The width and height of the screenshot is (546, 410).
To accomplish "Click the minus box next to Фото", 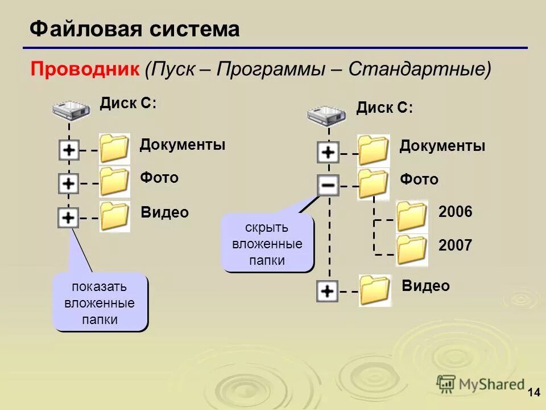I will pos(328,185).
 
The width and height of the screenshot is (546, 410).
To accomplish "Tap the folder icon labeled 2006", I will pos(412,216).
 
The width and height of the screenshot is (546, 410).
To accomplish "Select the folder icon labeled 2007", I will pos(412,249).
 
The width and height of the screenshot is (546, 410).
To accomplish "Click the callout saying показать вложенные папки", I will pos(100,302).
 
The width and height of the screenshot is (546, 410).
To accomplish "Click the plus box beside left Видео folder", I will pos(68,218).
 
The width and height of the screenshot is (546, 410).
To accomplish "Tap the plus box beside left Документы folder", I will pos(69,151).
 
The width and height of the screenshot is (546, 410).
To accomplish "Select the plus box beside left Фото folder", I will pos(69,184).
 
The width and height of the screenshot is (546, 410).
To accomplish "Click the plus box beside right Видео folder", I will pos(327,292).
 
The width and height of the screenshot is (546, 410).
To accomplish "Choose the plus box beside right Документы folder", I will pos(328,153).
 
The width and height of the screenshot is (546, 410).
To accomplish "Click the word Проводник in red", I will pos(85,69).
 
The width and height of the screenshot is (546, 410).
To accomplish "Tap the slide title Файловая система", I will pos(134,29).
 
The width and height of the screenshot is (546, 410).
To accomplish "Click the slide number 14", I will pos(533,392).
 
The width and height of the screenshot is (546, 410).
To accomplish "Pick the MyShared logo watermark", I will pos(481,384).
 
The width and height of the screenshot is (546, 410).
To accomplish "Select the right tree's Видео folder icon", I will pos(375,290).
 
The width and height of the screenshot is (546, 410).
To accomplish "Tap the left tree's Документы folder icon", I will pos(114,149).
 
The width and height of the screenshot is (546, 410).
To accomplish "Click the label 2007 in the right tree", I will pos(456,246).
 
